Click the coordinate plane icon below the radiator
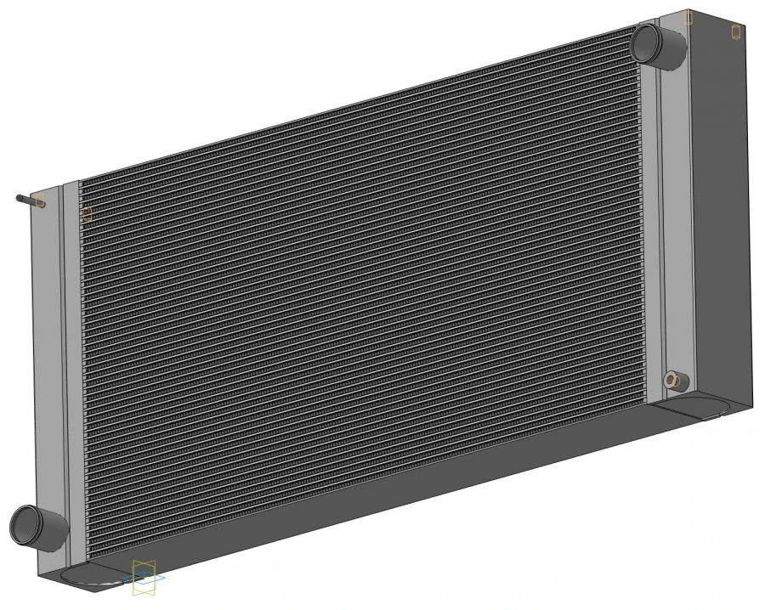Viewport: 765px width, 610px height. click(144, 577)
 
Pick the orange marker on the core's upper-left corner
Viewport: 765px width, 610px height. click(86, 213)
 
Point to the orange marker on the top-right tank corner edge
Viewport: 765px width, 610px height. click(689, 17)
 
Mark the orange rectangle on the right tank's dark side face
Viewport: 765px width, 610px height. click(737, 31)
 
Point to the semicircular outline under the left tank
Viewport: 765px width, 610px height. click(85, 578)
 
